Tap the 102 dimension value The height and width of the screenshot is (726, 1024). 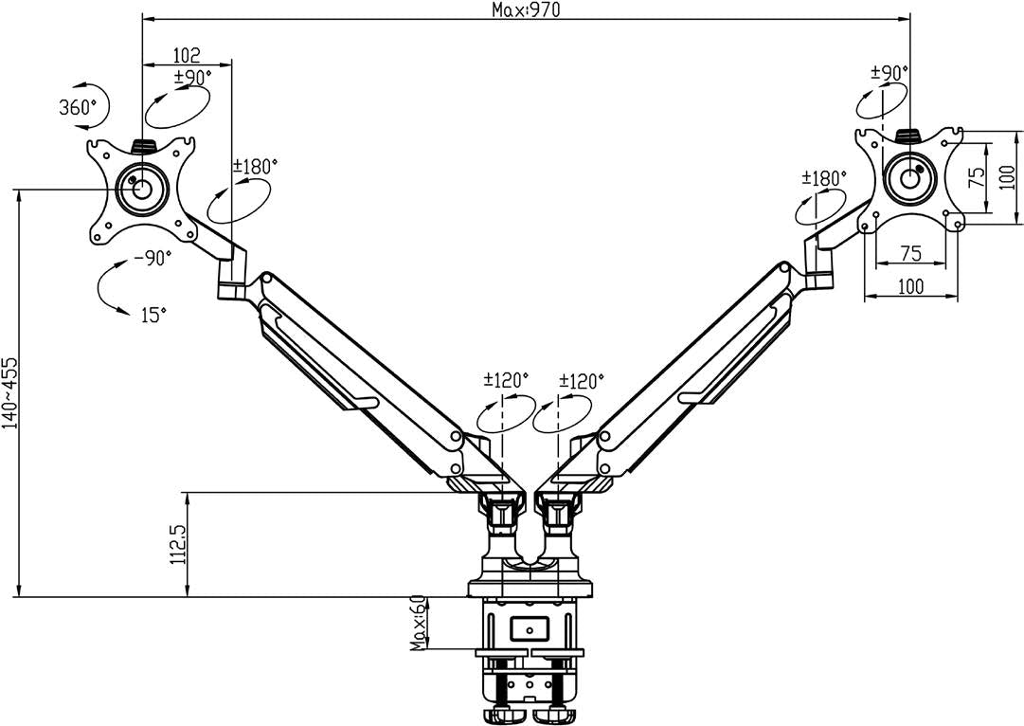coord(186,56)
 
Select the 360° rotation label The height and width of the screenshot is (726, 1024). coord(79,107)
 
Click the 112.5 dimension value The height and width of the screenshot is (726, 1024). coord(176,544)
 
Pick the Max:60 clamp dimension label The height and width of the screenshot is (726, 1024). coord(418,625)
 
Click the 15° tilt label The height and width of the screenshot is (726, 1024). coord(154,316)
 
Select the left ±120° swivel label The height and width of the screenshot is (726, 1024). coord(506,381)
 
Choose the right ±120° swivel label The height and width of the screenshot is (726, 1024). coord(581,381)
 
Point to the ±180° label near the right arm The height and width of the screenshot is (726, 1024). coord(823,177)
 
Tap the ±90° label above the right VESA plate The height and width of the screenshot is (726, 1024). coord(889,72)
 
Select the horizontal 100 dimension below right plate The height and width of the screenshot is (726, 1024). coord(910,285)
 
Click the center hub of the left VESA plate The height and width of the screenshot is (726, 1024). coord(141,186)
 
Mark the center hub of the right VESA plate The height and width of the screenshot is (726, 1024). coord(910,176)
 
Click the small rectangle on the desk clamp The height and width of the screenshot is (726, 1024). coord(528,626)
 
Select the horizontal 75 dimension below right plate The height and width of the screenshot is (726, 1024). coord(910,252)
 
